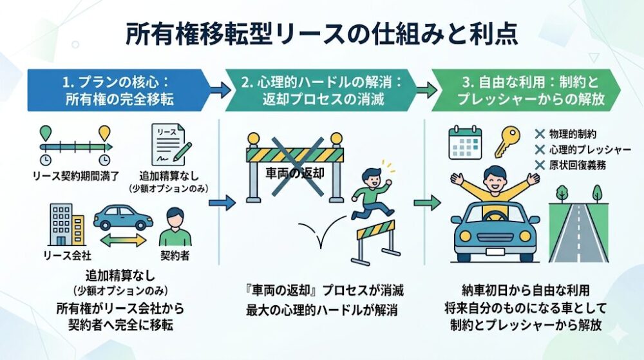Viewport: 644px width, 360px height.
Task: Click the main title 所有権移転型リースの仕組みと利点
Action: (321, 33)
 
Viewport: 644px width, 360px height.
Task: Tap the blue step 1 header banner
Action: (116, 90)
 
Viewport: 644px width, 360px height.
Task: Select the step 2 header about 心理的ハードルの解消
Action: (321, 90)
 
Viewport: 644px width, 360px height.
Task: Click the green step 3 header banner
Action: (525, 90)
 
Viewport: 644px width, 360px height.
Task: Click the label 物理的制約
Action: (574, 134)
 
